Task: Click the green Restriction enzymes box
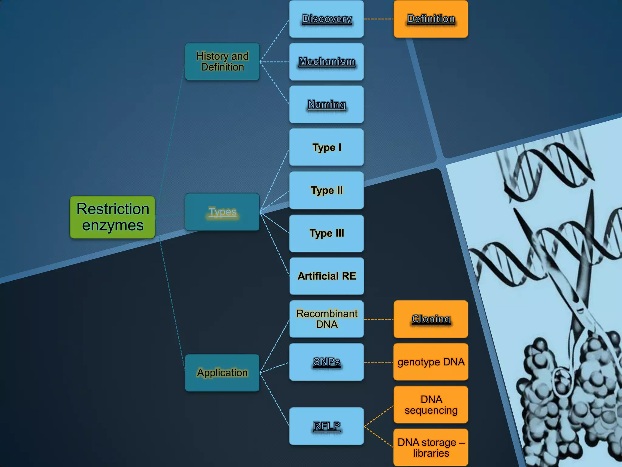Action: click(x=112, y=217)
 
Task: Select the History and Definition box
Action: click(x=222, y=61)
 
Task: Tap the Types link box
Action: click(x=222, y=212)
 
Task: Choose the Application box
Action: click(x=222, y=373)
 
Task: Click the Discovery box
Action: click(x=326, y=19)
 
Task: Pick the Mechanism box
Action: click(x=326, y=62)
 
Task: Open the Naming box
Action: click(x=326, y=105)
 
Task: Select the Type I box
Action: click(x=326, y=147)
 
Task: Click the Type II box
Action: click(x=326, y=190)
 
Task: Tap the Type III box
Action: click(x=326, y=233)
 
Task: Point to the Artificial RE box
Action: click(x=326, y=276)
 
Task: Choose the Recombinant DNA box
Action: click(x=326, y=319)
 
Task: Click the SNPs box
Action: click(x=326, y=362)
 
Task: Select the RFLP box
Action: click(x=326, y=426)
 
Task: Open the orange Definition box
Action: click(x=431, y=19)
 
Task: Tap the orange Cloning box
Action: click(x=431, y=319)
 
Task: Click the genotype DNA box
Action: click(x=431, y=362)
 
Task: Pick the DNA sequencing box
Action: click(x=431, y=405)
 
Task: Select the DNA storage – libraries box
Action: click(x=431, y=448)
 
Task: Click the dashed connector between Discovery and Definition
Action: click(x=379, y=19)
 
